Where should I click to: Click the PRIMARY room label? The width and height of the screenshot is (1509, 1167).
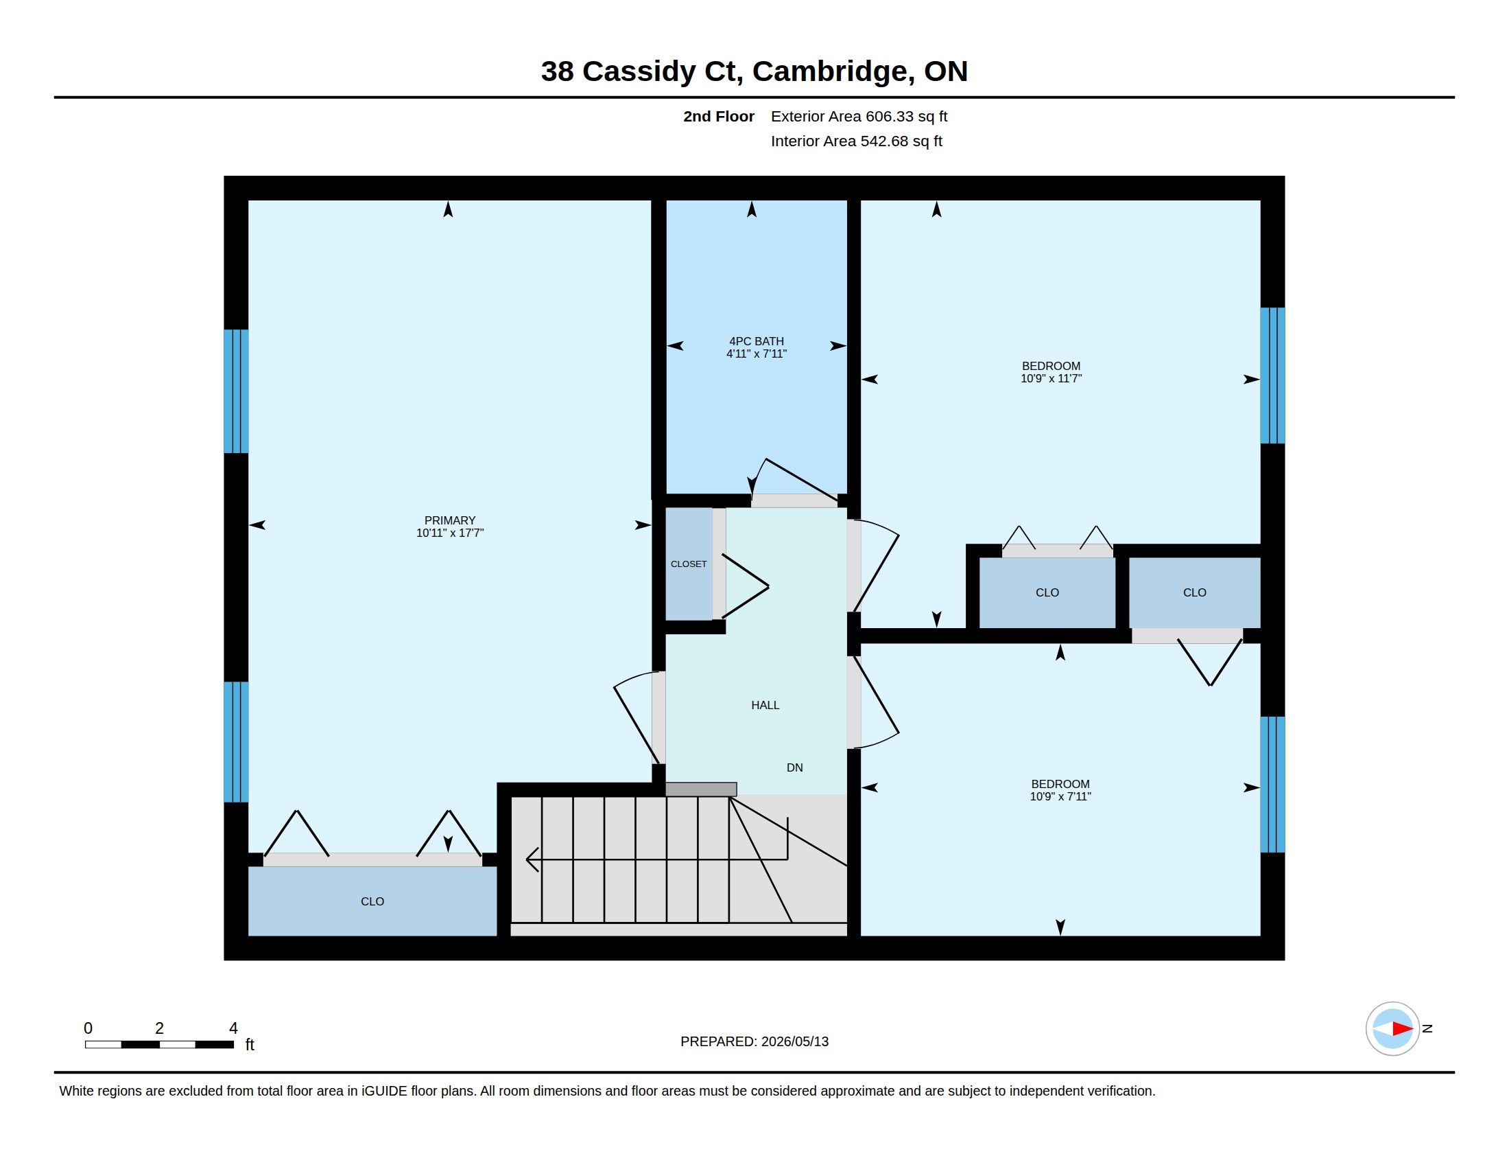click(x=450, y=520)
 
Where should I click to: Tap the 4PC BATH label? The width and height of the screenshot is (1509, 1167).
click(x=757, y=341)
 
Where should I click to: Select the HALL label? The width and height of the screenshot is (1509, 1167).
click(x=765, y=705)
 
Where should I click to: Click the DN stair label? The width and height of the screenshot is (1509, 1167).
click(x=794, y=767)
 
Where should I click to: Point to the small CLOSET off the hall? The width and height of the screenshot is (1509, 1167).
click(x=689, y=564)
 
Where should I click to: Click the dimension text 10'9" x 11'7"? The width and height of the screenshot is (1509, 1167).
click(x=1051, y=378)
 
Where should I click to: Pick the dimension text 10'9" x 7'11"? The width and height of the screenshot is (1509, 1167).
click(x=1060, y=796)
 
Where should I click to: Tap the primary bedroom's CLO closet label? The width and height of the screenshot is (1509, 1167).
click(x=372, y=901)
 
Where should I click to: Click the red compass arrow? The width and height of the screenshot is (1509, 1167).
click(x=1402, y=1029)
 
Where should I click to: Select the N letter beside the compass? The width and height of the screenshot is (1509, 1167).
click(x=1427, y=1029)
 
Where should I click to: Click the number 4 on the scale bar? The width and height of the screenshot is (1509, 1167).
click(x=233, y=1028)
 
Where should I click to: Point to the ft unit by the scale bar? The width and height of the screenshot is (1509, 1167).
click(x=250, y=1045)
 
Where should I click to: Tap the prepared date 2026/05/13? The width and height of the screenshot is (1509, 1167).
click(x=794, y=1042)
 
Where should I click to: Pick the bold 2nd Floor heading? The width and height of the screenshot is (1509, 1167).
click(x=719, y=116)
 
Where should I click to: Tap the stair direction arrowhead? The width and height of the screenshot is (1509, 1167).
click(x=532, y=859)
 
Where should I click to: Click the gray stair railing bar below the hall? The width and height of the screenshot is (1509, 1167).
click(x=700, y=789)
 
